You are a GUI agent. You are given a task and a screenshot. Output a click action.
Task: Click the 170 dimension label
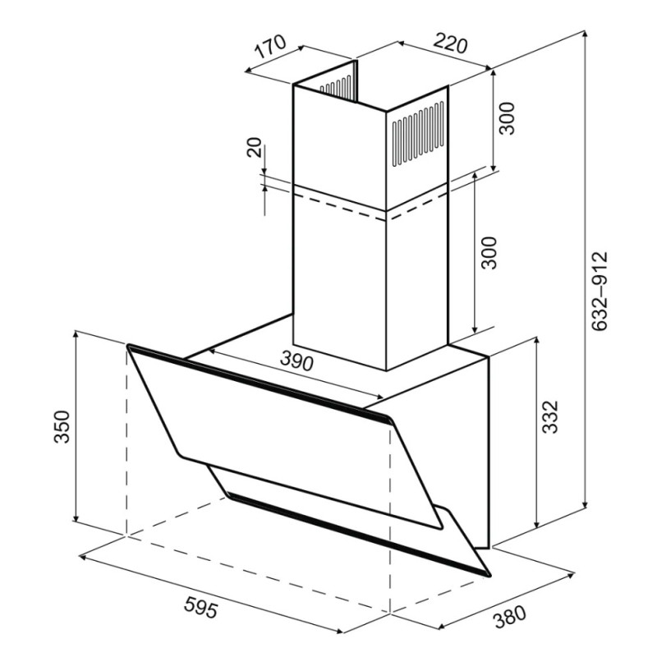[x=271, y=47]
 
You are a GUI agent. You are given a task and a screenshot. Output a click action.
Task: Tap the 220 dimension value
[x=449, y=44]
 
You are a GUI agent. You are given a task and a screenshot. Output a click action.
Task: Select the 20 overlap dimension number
[x=255, y=147]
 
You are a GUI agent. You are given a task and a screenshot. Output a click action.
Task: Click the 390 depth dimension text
[x=296, y=361]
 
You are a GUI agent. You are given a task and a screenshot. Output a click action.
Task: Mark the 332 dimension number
[x=550, y=417]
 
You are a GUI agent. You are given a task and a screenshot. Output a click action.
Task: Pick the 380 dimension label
[x=509, y=618]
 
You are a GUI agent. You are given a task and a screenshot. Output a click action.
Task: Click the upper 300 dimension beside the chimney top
[x=507, y=117]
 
